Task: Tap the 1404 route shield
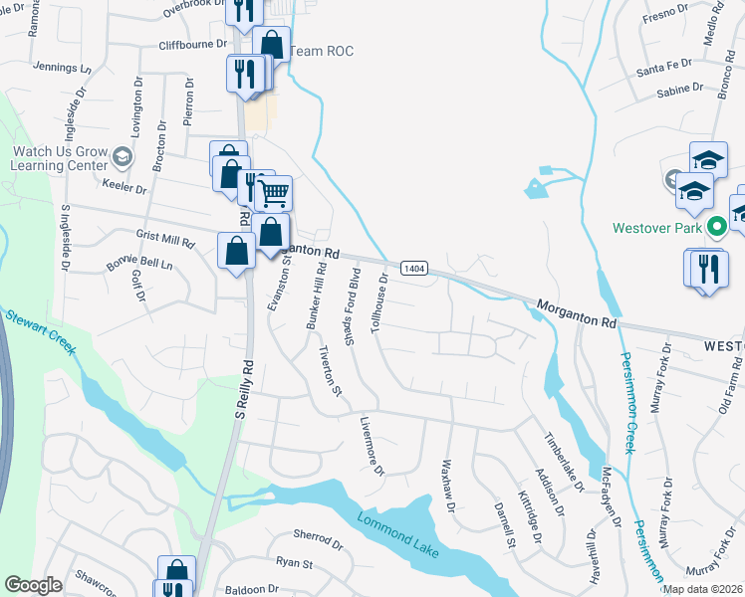[413, 269]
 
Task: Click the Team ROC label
[326, 52]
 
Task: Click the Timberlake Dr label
[562, 462]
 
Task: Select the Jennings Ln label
[62, 68]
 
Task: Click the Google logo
[33, 585]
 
